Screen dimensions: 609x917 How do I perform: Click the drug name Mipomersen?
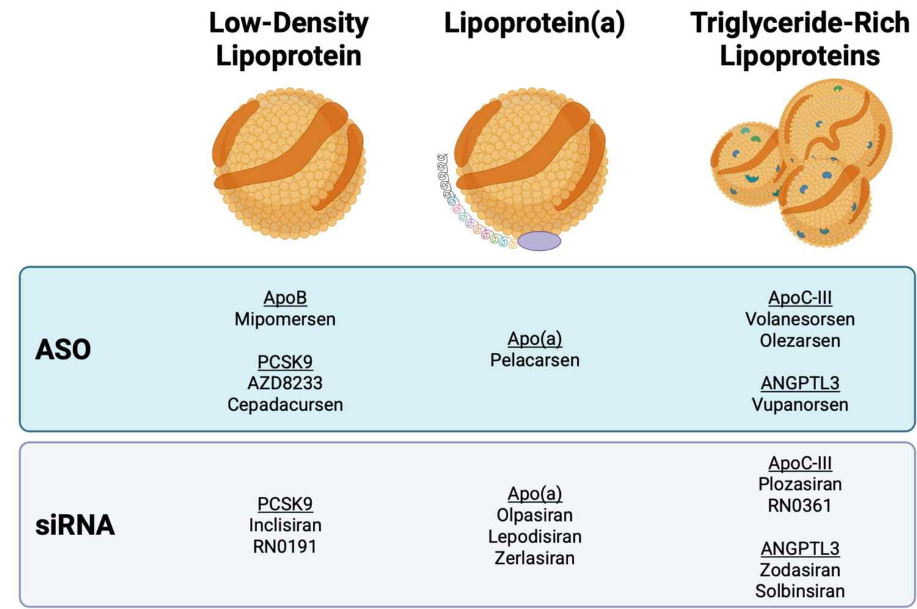point(285,319)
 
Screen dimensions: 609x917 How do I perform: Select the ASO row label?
point(63,350)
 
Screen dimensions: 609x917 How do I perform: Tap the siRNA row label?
point(75,525)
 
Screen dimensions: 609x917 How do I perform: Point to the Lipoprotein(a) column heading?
point(534,23)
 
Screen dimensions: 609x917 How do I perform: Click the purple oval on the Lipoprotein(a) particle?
point(539,241)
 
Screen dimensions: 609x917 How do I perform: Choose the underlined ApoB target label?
point(285,298)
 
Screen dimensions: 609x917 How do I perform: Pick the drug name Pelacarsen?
point(535,360)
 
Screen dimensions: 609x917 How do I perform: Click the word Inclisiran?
point(285,525)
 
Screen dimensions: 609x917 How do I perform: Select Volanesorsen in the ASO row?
point(800,319)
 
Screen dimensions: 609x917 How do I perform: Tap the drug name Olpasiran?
point(535,515)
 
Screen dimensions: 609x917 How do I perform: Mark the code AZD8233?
point(285,383)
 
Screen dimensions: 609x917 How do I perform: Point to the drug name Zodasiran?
point(800,570)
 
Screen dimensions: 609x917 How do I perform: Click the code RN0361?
point(800,505)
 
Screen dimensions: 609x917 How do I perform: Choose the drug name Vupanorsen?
point(800,405)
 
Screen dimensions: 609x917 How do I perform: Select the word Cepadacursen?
point(285,405)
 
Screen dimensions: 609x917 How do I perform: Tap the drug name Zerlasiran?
point(535,558)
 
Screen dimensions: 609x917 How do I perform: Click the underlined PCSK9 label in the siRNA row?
point(285,504)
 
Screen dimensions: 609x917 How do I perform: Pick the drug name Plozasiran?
point(800,484)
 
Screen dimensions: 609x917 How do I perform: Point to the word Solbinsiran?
point(800,591)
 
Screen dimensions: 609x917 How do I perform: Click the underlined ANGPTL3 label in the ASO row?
point(800,383)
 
